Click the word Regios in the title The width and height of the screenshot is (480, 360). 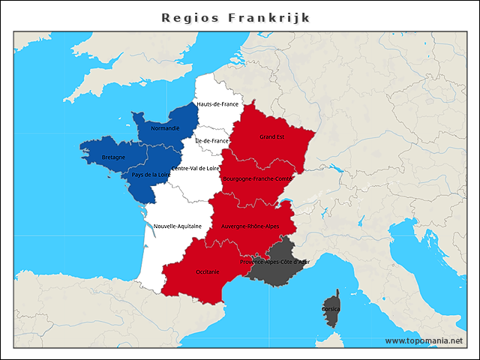coord(190,17)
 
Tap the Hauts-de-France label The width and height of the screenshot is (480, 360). coord(217,104)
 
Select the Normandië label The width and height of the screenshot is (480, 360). coord(165,128)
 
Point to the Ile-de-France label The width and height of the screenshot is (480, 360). coord(211,141)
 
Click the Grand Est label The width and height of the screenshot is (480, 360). coord(271,137)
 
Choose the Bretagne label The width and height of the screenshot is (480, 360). coord(112,157)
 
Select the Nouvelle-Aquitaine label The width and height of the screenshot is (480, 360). coord(178,226)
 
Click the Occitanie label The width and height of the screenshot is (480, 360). coord(207,271)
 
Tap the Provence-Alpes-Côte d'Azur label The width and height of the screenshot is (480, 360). coord(274,262)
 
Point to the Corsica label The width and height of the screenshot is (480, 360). coord(331,308)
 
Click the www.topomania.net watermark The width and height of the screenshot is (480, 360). coord(424,340)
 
